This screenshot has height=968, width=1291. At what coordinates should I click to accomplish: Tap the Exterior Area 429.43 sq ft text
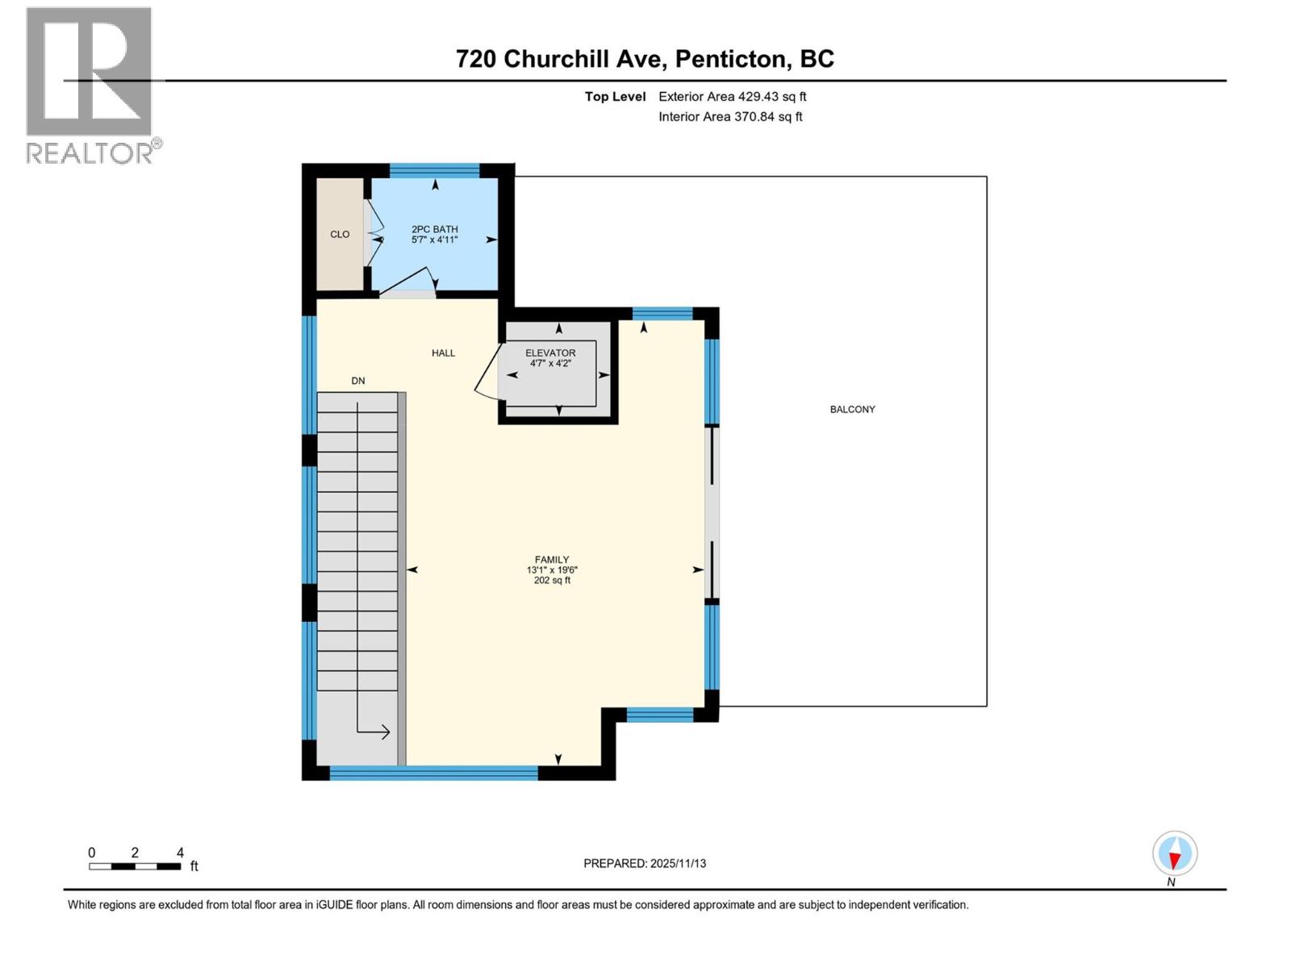point(732,97)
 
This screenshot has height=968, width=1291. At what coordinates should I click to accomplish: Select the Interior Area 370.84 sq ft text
point(730,117)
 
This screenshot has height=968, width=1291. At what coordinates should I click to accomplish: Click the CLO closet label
point(340,235)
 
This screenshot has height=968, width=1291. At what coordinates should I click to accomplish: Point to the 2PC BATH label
point(434,230)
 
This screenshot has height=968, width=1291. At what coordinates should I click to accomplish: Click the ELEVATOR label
point(550,353)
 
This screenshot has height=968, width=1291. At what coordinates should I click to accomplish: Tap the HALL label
point(443,353)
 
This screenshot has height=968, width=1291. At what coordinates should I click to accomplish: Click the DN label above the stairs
point(357,381)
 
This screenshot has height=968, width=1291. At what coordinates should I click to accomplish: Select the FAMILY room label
point(552,560)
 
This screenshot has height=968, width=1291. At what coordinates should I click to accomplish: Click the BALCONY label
point(852,410)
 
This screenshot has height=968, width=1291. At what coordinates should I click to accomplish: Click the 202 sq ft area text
point(552,581)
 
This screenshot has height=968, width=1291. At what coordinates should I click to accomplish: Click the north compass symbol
point(1175,854)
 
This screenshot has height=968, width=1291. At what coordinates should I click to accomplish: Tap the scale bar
point(135,866)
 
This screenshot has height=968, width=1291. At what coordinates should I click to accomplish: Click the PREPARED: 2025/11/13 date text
point(645,863)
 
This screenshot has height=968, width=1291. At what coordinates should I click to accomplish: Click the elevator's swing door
point(486,374)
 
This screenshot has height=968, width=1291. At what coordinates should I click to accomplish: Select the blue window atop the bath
point(435,170)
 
